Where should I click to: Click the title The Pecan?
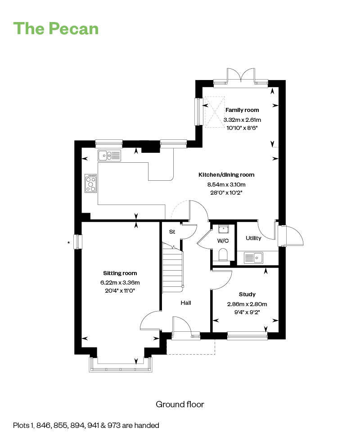click(56, 28)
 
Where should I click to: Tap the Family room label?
click(242, 110)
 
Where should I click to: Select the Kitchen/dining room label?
click(226, 175)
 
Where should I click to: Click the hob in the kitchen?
click(90, 183)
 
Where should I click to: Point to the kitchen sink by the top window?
click(109, 156)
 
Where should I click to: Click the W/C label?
click(223, 241)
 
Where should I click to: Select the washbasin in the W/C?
click(223, 230)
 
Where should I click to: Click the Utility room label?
click(253, 238)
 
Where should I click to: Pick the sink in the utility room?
click(253, 258)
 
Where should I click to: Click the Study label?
click(247, 294)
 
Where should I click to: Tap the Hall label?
click(186, 303)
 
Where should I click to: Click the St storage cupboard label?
click(171, 232)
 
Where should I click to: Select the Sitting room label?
click(120, 273)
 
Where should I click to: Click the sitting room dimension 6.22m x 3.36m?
click(120, 282)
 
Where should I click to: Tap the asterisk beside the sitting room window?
click(68, 243)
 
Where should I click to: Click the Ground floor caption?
click(180, 404)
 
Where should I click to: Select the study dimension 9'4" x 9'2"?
click(247, 312)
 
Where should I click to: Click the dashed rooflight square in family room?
click(214, 112)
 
